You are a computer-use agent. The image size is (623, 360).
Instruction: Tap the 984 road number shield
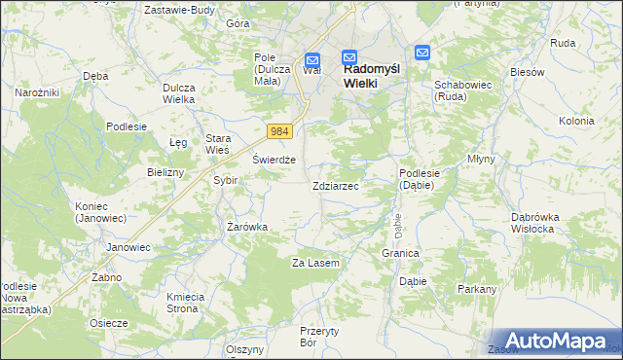click(x=280, y=131)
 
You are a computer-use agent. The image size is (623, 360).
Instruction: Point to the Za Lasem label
click(x=315, y=264)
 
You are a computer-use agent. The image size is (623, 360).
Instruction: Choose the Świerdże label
click(x=274, y=161)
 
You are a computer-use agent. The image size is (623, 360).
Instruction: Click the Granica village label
click(x=400, y=253)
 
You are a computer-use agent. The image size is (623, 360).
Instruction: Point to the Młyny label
click(x=481, y=159)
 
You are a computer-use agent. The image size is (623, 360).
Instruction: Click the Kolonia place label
click(x=576, y=121)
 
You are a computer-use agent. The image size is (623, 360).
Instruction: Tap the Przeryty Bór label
click(x=319, y=337)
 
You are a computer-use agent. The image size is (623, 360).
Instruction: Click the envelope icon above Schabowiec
click(x=422, y=54)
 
